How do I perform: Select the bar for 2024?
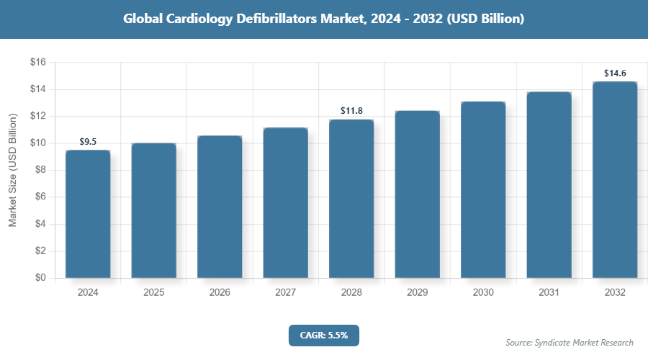click(x=88, y=214)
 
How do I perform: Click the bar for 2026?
click(x=220, y=207)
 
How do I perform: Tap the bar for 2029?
click(x=417, y=194)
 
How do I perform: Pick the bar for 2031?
click(x=549, y=185)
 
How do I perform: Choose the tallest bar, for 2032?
click(x=615, y=179)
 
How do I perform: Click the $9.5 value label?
click(x=88, y=142)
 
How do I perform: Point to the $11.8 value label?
click(x=351, y=111)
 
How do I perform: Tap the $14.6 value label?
click(x=615, y=73)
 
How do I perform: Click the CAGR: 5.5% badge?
click(x=323, y=335)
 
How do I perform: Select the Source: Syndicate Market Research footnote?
click(x=570, y=343)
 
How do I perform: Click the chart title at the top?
click(x=323, y=19)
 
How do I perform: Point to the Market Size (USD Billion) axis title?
click(x=13, y=171)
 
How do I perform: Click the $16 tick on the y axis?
click(x=37, y=63)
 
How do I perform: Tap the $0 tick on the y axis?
click(x=40, y=278)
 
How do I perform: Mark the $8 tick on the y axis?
click(x=40, y=170)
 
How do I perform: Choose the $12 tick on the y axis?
click(x=37, y=117)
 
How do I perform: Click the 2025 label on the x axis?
click(x=153, y=293)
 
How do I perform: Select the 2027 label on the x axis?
click(x=285, y=293)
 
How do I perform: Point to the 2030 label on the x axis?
click(x=483, y=293)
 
